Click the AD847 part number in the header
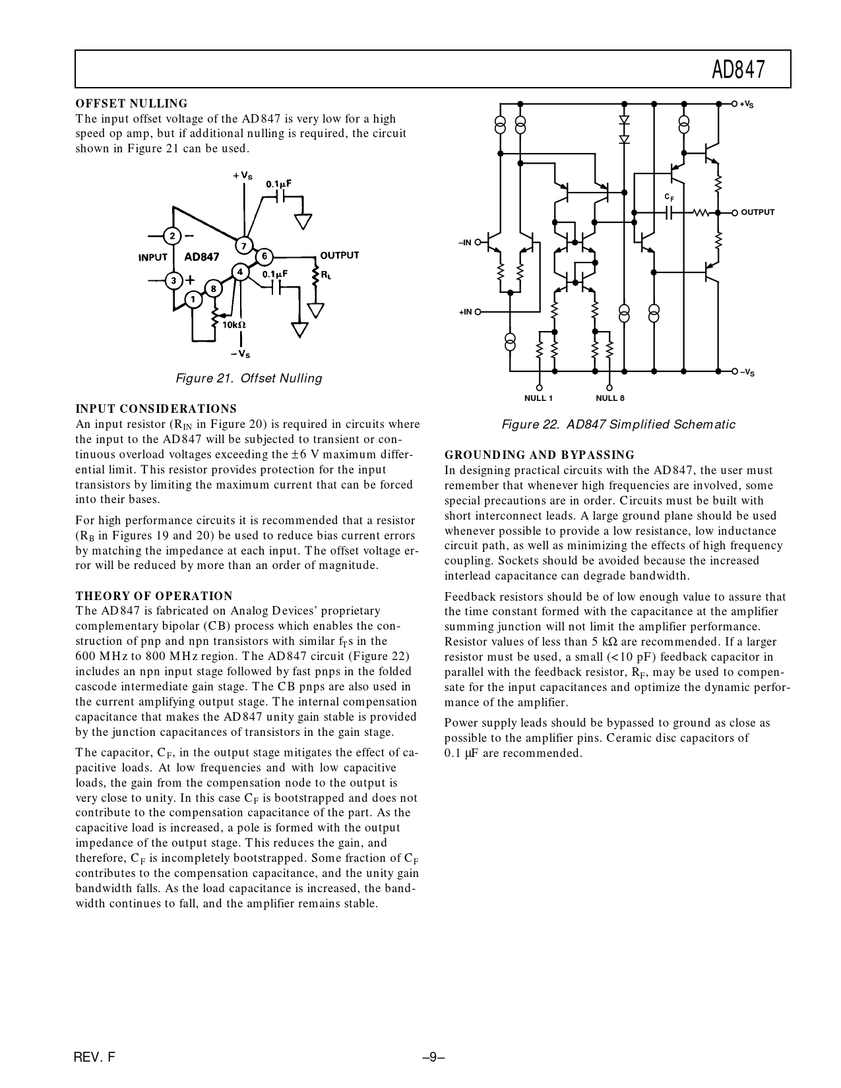coord(738,69)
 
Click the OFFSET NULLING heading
coord(131,104)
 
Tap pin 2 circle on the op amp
coord(172,236)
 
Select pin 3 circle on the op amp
coord(173,281)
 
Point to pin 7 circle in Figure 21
coord(244,246)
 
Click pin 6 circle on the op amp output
coord(264,256)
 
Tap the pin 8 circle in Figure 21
coord(213,288)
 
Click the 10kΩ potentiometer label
coord(234,325)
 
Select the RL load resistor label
coord(327,274)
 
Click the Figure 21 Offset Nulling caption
coord(249,378)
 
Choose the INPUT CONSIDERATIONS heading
coord(156,409)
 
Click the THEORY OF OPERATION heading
coord(154,596)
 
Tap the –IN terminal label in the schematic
coord(465,243)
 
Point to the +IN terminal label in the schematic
coord(465,312)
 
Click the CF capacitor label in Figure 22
coord(669,197)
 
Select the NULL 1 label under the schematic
coord(538,398)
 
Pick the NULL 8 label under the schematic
coord(609,398)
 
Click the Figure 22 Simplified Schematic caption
coord(618,425)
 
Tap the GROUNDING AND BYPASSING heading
coord(539,455)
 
